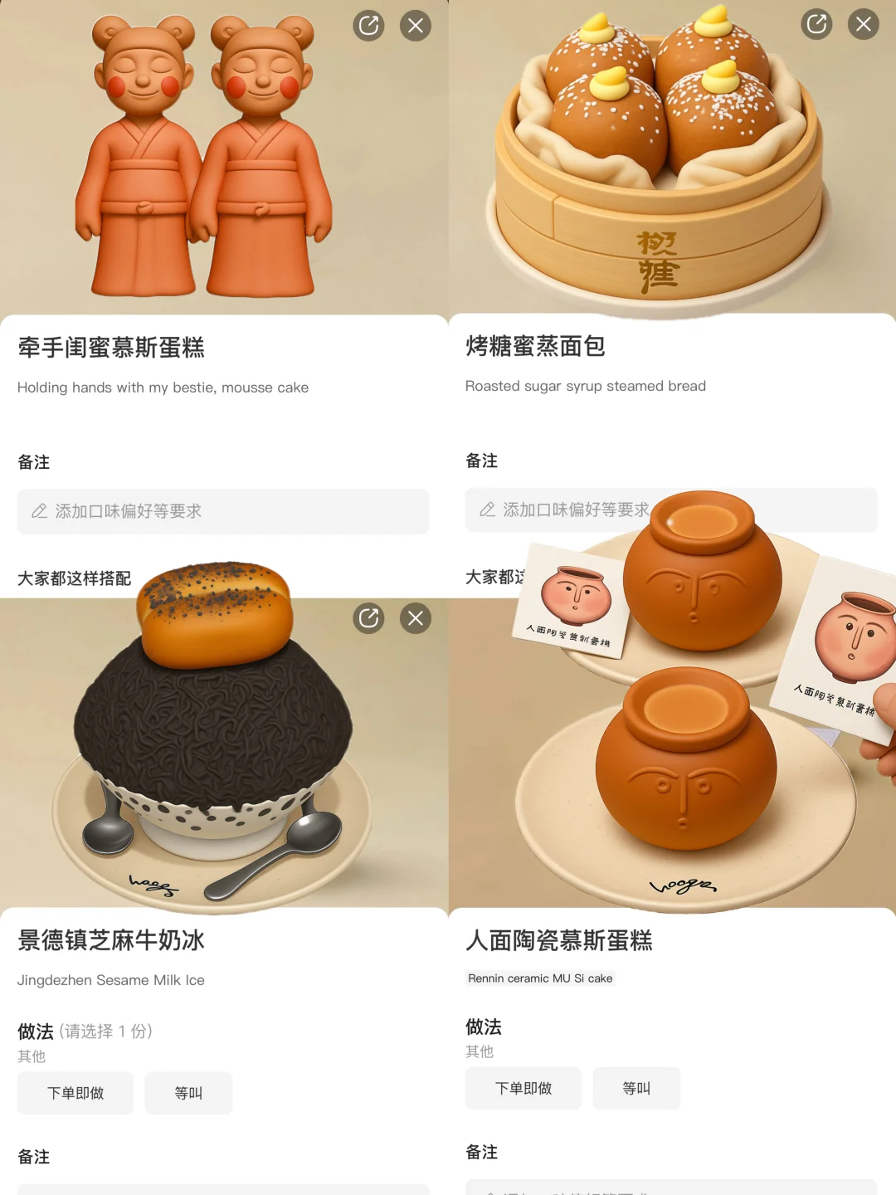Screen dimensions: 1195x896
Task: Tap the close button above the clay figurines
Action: click(416, 26)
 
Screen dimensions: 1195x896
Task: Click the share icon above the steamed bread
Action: click(816, 24)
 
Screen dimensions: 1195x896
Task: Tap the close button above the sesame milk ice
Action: click(416, 618)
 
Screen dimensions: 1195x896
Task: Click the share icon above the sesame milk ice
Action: click(368, 618)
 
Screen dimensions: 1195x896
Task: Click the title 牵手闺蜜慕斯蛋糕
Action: click(111, 347)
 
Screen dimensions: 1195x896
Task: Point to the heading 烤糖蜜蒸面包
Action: click(535, 345)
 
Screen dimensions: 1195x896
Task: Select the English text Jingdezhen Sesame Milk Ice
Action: click(111, 980)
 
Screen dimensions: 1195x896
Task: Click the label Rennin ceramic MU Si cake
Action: click(540, 978)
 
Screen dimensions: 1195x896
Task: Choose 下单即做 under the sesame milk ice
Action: click(75, 1093)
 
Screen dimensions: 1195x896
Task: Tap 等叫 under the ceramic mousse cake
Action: click(636, 1088)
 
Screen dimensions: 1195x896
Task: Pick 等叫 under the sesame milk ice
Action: click(188, 1093)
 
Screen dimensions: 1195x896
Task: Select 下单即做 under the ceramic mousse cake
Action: click(523, 1088)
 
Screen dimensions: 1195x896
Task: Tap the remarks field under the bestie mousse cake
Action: click(223, 511)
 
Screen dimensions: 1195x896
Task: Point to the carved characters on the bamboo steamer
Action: click(658, 262)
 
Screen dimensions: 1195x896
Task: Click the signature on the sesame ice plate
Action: click(153, 885)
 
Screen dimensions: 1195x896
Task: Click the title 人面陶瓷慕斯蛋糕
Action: click(559, 940)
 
